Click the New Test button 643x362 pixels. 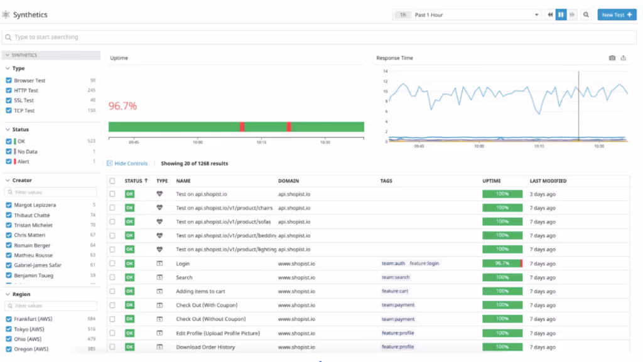tap(617, 14)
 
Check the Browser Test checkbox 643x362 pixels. tap(9, 80)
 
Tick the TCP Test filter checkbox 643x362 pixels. tap(9, 110)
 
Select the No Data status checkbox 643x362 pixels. tap(9, 151)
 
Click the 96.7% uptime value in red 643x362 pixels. tap(122, 106)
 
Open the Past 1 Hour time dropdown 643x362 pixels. tap(475, 14)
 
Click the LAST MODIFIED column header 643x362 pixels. tap(548, 181)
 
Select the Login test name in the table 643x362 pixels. tap(183, 264)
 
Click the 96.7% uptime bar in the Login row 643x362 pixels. tap(502, 264)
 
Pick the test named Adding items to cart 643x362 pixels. tap(201, 291)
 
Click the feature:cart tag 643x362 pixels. tap(395, 291)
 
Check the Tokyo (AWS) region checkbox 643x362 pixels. tap(9, 329)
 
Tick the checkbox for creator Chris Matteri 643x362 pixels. tap(9, 235)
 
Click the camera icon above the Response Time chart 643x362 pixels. tap(612, 58)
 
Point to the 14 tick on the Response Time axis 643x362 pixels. tap(386, 72)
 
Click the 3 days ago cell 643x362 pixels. tap(543, 194)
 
